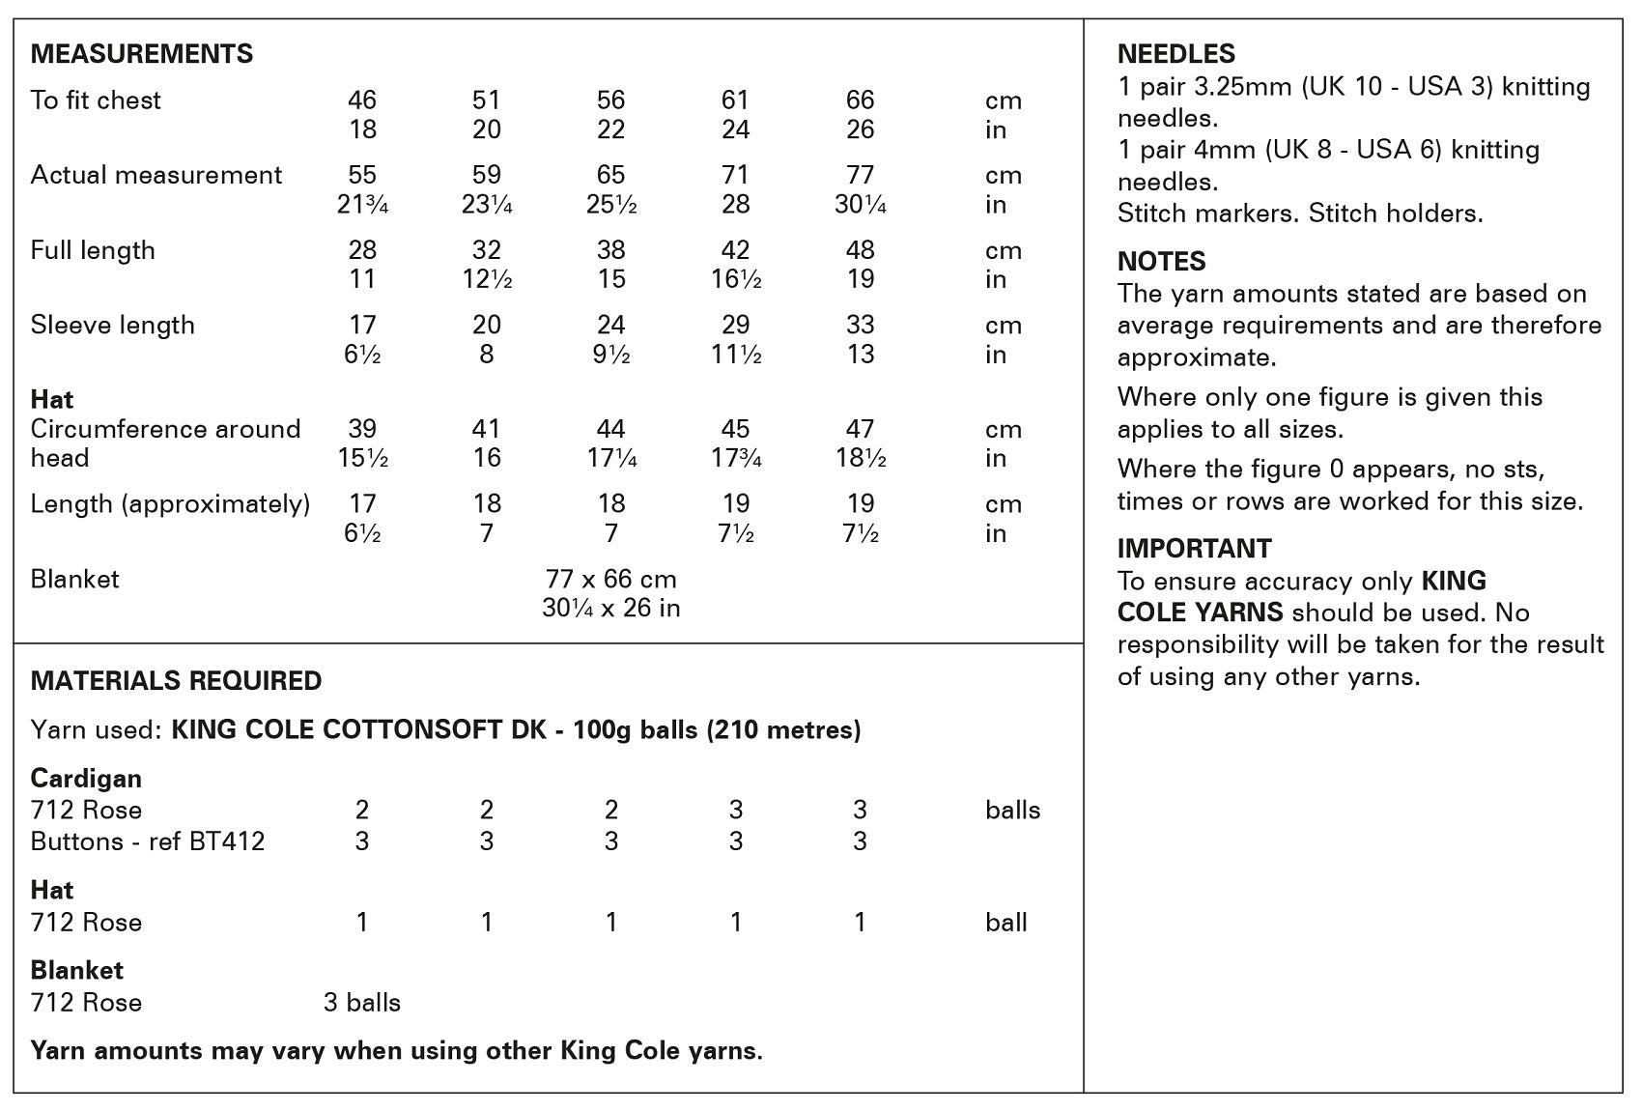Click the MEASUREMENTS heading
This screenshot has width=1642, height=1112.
coord(141,54)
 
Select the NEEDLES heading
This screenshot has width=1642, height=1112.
coord(1175,54)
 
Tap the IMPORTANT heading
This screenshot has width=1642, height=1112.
coord(1194,549)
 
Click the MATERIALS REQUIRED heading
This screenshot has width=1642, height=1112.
coord(176,681)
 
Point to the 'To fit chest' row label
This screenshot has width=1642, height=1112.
coord(96,100)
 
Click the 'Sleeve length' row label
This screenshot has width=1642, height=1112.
coord(112,326)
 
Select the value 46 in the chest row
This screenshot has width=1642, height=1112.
coord(362,100)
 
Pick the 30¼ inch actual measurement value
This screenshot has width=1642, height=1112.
coord(860,205)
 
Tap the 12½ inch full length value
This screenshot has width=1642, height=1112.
coord(486,279)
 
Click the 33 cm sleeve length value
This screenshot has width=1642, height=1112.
coord(860,326)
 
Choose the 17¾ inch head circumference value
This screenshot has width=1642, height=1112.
coord(735,458)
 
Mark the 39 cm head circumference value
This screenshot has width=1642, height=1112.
coord(362,429)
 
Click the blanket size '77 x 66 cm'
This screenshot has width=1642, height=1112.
coord(610,580)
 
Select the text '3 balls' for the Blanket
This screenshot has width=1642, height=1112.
coord(362,1003)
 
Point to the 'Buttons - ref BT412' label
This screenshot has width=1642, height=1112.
coord(147,841)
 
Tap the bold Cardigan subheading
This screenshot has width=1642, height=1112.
coord(86,779)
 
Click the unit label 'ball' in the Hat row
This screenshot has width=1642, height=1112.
coord(1005,923)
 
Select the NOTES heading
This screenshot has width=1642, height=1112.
coord(1161,262)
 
